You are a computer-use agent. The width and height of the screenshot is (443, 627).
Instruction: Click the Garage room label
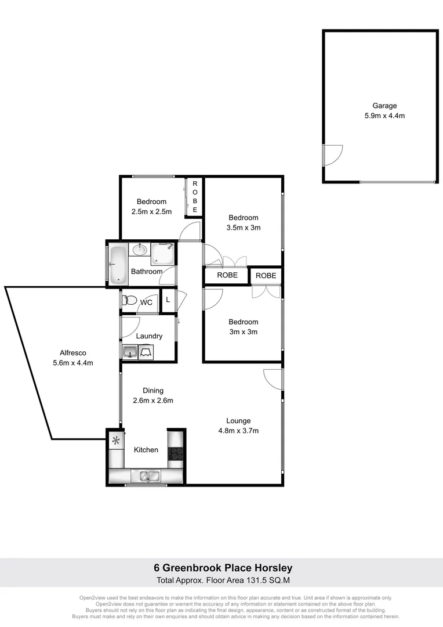[384, 106]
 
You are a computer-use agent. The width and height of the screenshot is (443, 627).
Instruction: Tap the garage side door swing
[333, 153]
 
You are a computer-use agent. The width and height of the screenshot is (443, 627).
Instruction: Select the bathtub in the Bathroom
[118, 264]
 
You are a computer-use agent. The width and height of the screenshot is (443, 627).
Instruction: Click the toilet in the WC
[130, 301]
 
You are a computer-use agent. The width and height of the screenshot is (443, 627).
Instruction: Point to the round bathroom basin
[139, 250]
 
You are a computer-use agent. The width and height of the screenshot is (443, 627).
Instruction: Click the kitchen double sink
[146, 476]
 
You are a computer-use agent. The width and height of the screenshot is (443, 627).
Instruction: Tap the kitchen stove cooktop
[176, 453]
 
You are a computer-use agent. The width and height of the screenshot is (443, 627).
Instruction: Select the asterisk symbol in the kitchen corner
[116, 441]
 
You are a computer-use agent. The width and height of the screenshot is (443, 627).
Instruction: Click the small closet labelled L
[168, 300]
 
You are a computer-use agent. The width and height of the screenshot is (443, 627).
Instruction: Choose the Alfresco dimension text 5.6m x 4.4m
[73, 363]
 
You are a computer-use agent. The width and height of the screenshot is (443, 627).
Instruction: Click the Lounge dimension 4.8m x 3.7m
[238, 431]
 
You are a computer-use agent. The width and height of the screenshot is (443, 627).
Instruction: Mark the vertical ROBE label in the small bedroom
[195, 197]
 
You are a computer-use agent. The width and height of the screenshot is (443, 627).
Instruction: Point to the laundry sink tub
[129, 351]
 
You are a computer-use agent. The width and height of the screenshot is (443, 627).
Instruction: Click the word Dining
[153, 391]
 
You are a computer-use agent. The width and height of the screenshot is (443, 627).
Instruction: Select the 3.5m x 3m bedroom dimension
[243, 228]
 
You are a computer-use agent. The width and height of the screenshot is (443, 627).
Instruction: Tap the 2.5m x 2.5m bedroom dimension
[151, 212]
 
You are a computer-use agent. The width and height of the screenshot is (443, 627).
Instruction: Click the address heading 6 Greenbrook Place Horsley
[223, 568]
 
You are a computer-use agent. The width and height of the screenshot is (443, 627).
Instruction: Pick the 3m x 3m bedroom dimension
[243, 332]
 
